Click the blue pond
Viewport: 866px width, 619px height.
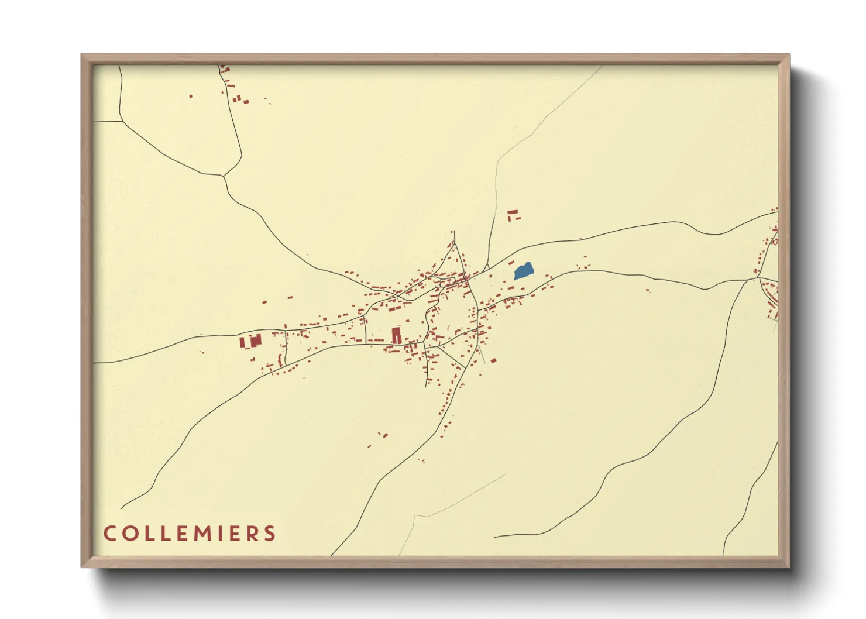pos(524,271)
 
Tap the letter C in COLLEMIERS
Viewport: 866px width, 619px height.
pos(109,534)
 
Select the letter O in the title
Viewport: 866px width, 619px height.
pos(129,534)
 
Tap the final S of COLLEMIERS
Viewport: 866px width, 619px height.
pos(270,534)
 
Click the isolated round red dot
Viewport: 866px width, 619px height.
pos(191,96)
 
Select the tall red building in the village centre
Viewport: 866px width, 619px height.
pos(396,335)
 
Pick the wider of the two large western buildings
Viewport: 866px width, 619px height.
pos(255,341)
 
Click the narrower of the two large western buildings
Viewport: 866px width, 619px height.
pos(242,342)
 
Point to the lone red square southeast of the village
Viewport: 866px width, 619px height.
pos(493,360)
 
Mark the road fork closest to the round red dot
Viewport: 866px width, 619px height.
pos(223,175)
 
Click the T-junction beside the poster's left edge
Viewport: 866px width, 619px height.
pos(122,122)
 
